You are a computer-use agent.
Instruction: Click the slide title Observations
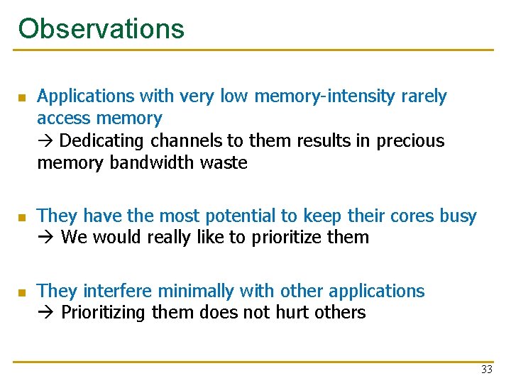coord(101,28)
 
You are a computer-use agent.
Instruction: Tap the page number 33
coord(486,370)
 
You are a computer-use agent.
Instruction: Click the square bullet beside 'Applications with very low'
coord(22,97)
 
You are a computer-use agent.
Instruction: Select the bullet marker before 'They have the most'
coord(22,216)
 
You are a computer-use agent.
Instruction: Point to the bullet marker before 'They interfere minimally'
coord(22,292)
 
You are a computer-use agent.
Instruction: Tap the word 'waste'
coord(224,163)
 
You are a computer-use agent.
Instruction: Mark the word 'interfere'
coord(118,292)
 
